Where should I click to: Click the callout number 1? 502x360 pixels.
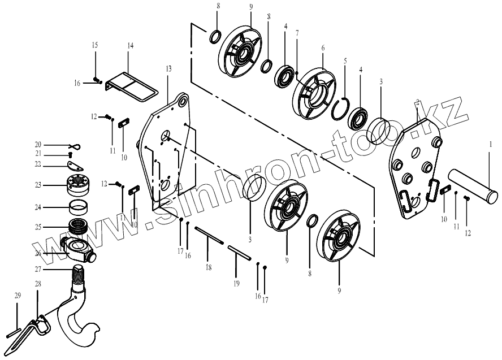491,145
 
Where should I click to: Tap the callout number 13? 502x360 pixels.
168,68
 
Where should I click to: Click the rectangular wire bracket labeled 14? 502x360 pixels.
131,86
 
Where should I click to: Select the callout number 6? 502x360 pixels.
323,49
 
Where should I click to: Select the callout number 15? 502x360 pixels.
95,45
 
